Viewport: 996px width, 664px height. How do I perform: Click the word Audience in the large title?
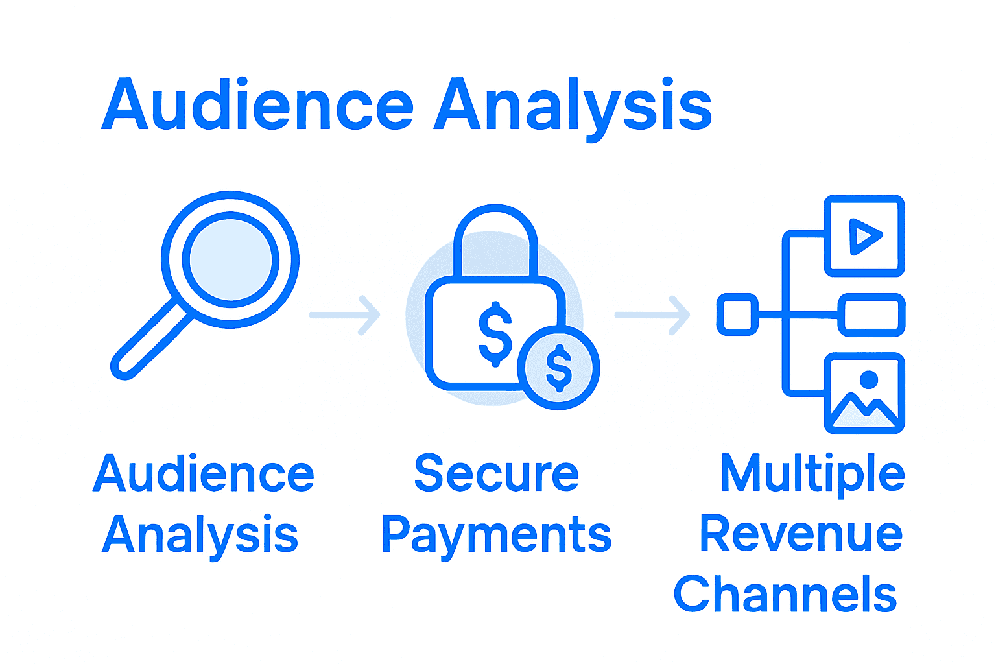pos(257,105)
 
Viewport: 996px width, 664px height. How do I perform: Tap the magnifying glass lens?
pos(230,259)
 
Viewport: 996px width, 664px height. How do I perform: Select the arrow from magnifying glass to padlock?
pos(344,315)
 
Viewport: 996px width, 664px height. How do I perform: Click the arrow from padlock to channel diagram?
pos(652,315)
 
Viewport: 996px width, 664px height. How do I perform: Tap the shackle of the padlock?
pos(496,240)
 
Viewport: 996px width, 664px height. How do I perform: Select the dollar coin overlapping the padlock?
pos(559,368)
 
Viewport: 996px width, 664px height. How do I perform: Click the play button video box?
pos(864,235)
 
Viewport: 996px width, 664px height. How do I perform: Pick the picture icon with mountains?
pos(864,393)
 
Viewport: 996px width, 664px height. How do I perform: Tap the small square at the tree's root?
pos(737,314)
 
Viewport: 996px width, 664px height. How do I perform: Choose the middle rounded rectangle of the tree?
pos(871,315)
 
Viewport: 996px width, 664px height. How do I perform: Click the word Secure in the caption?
pos(496,474)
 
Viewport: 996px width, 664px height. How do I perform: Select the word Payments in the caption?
pos(496,535)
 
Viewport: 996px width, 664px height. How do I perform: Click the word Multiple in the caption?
pos(812,474)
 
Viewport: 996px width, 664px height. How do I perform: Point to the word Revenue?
pos(801,534)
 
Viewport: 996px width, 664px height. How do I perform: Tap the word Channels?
pos(785,594)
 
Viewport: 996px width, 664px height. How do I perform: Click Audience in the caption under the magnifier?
pos(204,474)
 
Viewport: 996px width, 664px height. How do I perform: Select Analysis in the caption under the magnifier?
pos(200,535)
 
